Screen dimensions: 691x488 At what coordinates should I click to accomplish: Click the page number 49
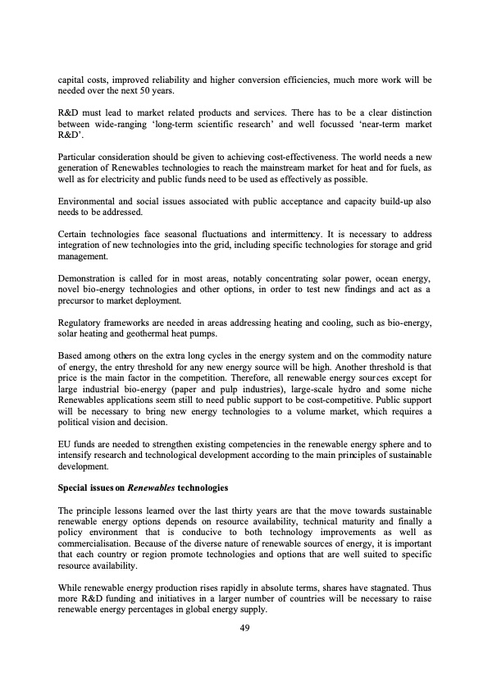pos(244,629)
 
